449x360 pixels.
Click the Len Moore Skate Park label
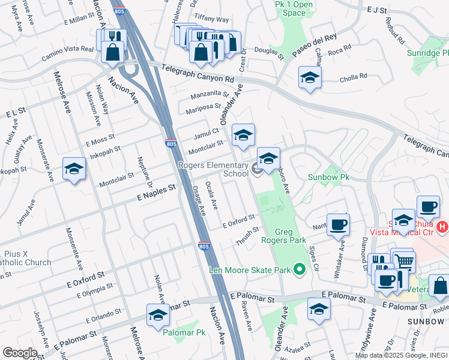pos(249,269)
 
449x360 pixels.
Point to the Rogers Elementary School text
pos(212,169)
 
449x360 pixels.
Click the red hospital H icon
pos(442,227)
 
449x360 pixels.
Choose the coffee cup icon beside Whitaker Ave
pos(339,224)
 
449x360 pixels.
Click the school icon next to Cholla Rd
pos(310,77)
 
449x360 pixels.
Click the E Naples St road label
pos(155,190)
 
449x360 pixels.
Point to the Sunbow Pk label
pos(328,177)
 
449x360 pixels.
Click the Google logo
pos(20,352)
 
